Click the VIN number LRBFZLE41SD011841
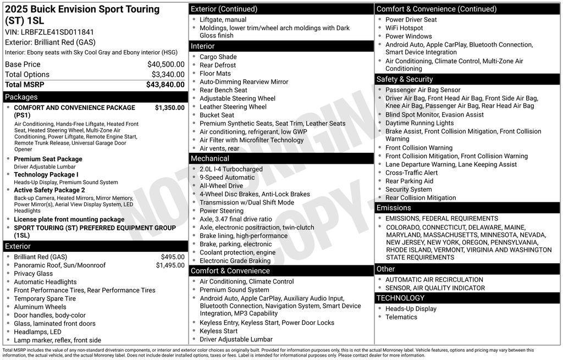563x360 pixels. click(x=57, y=32)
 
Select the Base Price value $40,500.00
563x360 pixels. click(x=165, y=64)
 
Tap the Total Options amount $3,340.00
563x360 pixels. click(x=168, y=74)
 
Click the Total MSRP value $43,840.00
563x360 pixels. click(x=165, y=85)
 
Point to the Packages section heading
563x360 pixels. click(x=21, y=97)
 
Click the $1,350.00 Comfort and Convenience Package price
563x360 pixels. click(x=169, y=108)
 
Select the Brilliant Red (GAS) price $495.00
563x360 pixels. click(x=173, y=257)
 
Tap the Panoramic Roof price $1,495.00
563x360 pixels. click(x=170, y=265)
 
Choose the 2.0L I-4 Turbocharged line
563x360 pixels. click(x=231, y=169)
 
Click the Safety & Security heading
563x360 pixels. click(x=405, y=79)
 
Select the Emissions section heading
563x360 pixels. click(x=394, y=208)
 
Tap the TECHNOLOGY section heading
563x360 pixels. click(x=400, y=298)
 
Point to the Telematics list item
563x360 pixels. click(x=401, y=317)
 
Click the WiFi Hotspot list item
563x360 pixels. click(x=404, y=28)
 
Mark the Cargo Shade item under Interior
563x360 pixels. click(x=218, y=57)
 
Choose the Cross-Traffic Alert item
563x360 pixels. click(x=412, y=173)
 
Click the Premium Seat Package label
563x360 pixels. click(x=48, y=159)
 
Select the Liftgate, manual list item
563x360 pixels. click(x=223, y=20)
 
